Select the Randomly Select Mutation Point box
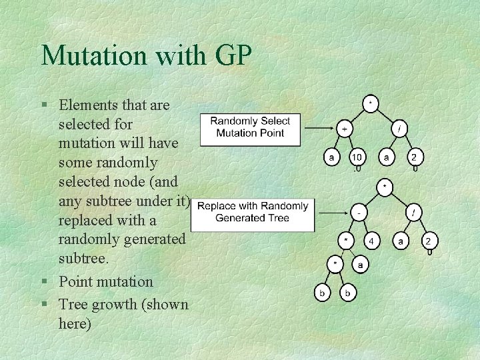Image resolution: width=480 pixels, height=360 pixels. click(250, 127)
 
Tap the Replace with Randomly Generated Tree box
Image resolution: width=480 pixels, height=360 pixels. click(253, 212)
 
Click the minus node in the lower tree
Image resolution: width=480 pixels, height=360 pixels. click(359, 213)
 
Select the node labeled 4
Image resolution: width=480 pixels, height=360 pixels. click(371, 241)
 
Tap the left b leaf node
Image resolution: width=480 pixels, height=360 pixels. click(323, 292)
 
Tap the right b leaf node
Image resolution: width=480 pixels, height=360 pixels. click(347, 292)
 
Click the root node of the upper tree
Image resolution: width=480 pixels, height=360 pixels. click(370, 103)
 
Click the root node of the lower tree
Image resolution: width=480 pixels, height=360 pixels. click(385, 186)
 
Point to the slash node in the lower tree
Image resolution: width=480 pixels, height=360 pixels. click(414, 213)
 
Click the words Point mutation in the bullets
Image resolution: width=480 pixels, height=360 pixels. click(105, 282)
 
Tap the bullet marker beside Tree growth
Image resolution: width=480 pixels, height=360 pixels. click(44, 305)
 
